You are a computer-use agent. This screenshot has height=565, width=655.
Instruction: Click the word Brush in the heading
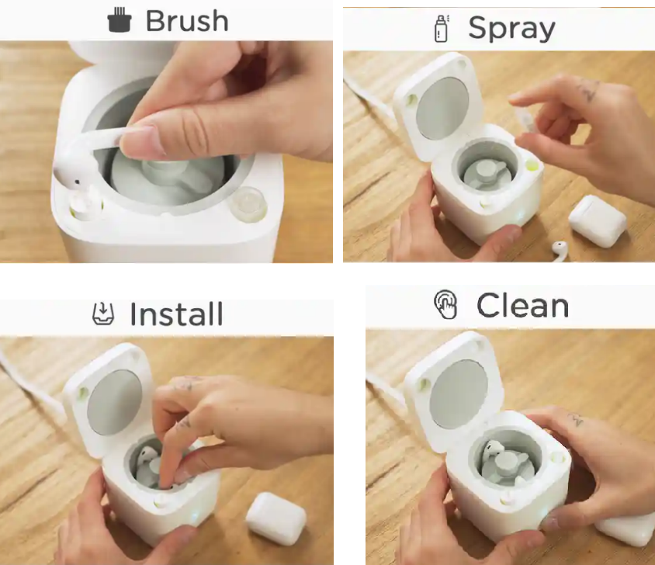pyautogui.click(x=187, y=21)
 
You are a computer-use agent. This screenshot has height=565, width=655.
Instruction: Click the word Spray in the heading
pyautogui.click(x=511, y=29)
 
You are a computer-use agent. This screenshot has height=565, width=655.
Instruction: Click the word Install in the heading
pyautogui.click(x=176, y=314)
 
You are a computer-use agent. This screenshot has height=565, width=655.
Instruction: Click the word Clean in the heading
pyautogui.click(x=522, y=306)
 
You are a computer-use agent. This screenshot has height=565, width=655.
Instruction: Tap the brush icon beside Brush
pyautogui.click(x=120, y=19)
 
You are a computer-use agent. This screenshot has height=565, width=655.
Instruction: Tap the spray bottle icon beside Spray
pyautogui.click(x=441, y=29)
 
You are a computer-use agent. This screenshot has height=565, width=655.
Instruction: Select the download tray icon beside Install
pyautogui.click(x=102, y=314)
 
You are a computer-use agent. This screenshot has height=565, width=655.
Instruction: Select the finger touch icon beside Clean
pyautogui.click(x=445, y=305)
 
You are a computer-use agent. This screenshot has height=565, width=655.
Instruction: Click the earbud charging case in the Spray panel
pyautogui.click(x=598, y=220)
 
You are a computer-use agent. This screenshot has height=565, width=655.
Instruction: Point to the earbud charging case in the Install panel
pyautogui.click(x=276, y=518)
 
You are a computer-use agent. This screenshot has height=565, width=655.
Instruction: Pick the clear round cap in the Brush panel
pyautogui.click(x=248, y=203)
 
